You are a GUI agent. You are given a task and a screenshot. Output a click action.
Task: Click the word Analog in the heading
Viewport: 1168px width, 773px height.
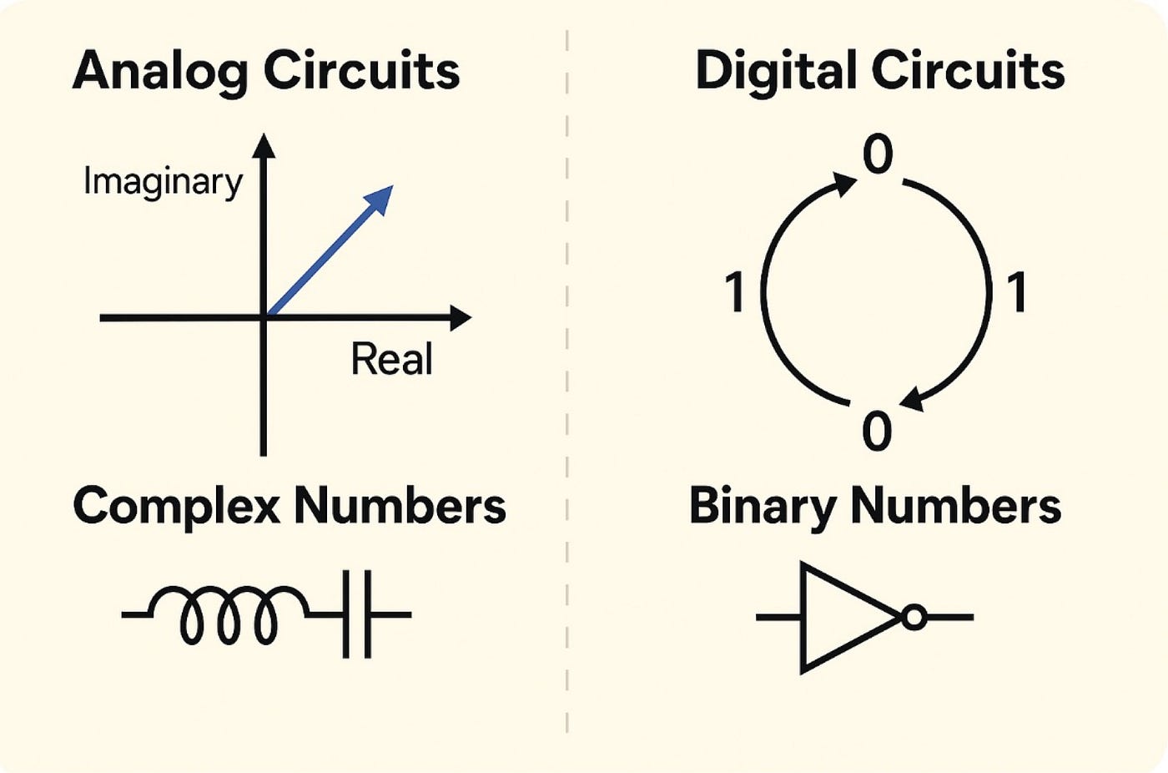[160, 72]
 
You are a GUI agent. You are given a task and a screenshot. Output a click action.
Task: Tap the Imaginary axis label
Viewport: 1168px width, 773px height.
[163, 182]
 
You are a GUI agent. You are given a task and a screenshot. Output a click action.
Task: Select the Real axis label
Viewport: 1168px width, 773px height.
[391, 360]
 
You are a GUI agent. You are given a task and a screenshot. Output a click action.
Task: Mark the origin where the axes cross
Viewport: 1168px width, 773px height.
[264, 318]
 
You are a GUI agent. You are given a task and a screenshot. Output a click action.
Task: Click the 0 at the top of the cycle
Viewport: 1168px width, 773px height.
[878, 155]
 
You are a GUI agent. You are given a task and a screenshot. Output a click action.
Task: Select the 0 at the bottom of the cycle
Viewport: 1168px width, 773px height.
[877, 432]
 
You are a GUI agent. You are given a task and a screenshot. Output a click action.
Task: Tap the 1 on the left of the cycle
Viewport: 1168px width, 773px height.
[735, 293]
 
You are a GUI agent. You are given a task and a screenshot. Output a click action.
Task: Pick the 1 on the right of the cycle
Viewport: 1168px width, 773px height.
[1017, 293]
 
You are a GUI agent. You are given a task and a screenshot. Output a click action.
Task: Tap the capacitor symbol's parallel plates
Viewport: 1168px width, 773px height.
[357, 615]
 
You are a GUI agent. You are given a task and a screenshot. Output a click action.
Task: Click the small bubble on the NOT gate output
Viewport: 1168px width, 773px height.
[914, 618]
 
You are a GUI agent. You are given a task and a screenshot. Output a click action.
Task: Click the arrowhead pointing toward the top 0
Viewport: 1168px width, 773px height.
[844, 183]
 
